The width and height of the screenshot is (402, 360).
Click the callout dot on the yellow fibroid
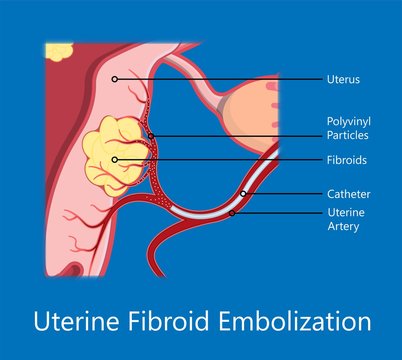[x=116, y=159]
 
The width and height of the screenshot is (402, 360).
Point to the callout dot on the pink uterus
[x=115, y=77]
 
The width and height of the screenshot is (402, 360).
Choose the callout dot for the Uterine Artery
[x=231, y=213]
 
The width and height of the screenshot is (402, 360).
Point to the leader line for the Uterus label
[x=220, y=77]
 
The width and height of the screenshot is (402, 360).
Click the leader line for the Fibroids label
[x=220, y=159]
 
